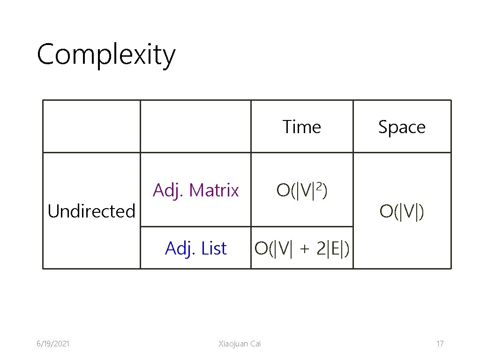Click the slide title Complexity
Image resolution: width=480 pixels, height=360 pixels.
click(106, 55)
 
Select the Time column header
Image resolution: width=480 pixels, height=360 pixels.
click(302, 127)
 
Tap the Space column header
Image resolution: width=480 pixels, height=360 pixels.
click(402, 127)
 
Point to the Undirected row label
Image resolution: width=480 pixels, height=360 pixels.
click(91, 211)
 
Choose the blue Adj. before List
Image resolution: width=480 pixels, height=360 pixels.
click(180, 248)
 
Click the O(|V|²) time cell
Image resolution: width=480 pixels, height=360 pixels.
click(302, 190)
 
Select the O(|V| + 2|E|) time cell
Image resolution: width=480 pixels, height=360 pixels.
click(301, 248)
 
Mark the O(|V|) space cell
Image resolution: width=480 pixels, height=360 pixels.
click(402, 211)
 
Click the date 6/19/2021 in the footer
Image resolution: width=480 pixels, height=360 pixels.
click(53, 344)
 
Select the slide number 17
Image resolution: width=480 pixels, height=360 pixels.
click(440, 344)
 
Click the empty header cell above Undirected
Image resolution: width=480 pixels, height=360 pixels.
click(91, 126)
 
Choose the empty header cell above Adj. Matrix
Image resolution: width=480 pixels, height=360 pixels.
click(195, 126)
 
